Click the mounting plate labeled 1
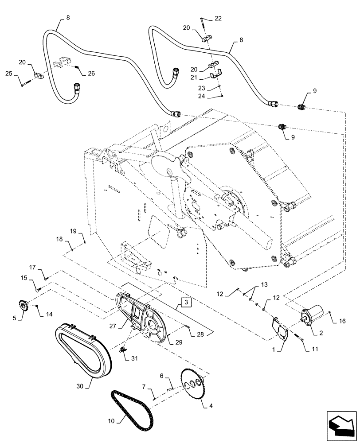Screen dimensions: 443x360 [x=279, y=328]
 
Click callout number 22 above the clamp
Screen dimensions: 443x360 [x=218, y=18]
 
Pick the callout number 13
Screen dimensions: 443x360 [x=264, y=284]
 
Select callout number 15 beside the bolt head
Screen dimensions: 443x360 [x=23, y=278]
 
